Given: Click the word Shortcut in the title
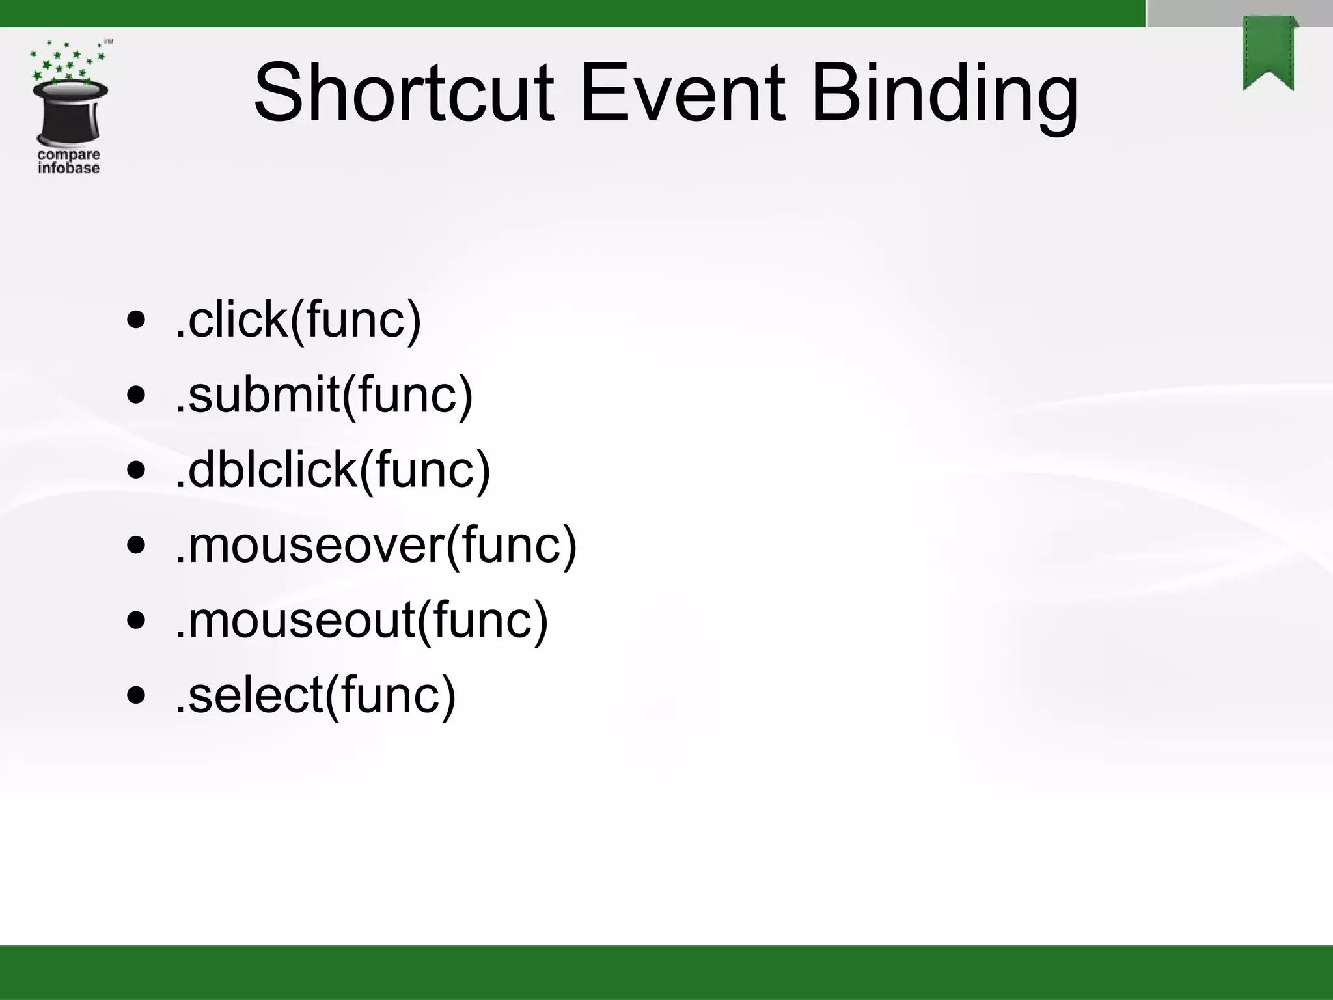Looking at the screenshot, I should click(404, 92).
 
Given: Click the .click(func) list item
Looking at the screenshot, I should click(298, 320).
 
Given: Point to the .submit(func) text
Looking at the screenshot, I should click(323, 395).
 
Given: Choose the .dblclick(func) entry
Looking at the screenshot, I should click(333, 469).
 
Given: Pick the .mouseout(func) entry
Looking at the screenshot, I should click(361, 620).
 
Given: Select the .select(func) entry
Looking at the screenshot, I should click(316, 695).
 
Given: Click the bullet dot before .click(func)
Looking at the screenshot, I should click(136, 321).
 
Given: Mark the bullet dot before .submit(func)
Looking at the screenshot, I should click(136, 395).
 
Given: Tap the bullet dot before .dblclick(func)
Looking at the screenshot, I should click(136, 470).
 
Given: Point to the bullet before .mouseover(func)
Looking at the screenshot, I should click(136, 545).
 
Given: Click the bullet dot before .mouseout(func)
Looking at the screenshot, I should click(136, 620).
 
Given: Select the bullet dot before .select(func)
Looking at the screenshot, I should click(136, 695).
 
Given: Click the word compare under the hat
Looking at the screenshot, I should click(69, 155).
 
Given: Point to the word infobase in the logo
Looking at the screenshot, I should click(69, 168).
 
